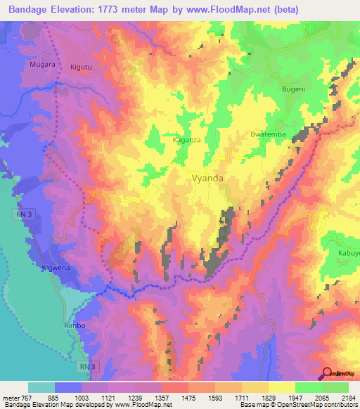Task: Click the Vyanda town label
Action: click(x=208, y=178)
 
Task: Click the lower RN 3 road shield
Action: click(x=86, y=366)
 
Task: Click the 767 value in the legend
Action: click(x=30, y=398)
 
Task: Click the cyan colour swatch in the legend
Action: click(x=41, y=387)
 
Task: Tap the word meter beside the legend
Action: click(x=11, y=398)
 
